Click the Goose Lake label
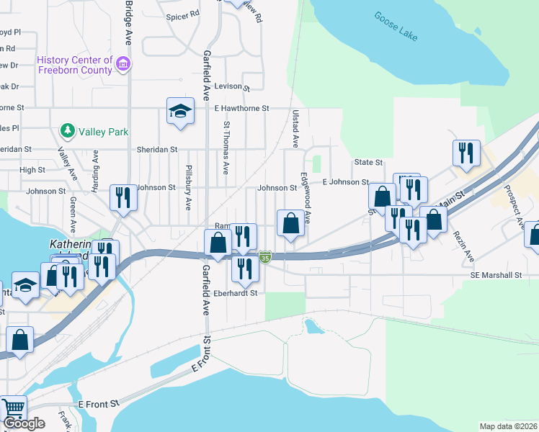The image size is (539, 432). [396, 26]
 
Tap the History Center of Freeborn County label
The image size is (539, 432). [75, 66]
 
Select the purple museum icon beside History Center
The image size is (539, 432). [123, 64]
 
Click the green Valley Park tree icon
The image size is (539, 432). [68, 131]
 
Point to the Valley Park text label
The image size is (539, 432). [104, 132]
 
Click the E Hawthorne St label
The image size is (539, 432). [241, 108]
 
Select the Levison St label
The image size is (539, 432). [231, 87]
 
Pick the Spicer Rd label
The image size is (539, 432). [182, 15]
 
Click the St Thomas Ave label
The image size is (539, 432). [226, 148]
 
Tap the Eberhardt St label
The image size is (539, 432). [235, 294]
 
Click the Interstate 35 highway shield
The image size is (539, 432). [266, 256]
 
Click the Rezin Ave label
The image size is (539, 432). [464, 245]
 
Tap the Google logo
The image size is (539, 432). [24, 424]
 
